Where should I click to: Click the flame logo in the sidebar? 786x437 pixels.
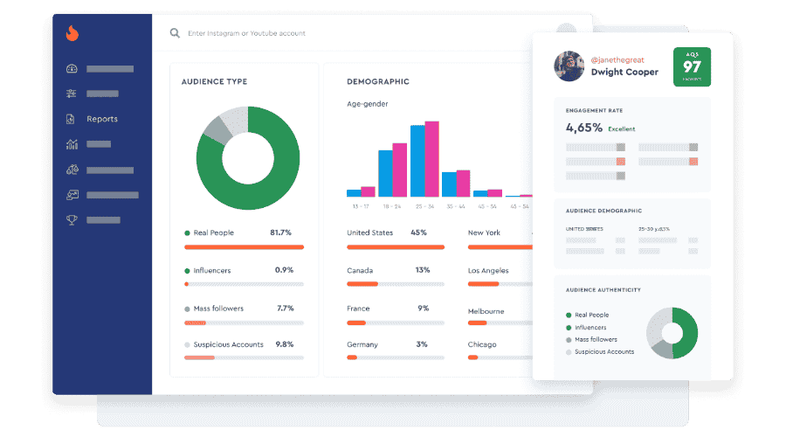pos(72,34)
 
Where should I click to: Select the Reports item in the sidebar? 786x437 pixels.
pos(101,119)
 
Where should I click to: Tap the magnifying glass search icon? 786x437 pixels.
pos(175,33)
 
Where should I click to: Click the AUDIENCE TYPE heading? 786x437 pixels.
pos(214,82)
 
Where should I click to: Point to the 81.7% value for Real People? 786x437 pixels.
pos(280,233)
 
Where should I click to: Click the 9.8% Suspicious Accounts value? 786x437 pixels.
pos(285,344)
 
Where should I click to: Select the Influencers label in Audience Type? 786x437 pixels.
pos(213,270)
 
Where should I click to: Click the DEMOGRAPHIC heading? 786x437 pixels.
pos(378,82)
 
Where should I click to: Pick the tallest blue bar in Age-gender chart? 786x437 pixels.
pos(417,161)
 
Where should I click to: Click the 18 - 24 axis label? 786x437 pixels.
pos(391,206)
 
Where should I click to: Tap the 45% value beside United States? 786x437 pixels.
pos(418,233)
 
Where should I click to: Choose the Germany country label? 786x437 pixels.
pos(362,344)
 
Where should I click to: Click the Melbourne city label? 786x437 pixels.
pos(486,311)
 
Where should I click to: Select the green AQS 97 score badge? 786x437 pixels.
pos(692,66)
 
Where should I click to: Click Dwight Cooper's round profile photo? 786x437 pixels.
pos(569,66)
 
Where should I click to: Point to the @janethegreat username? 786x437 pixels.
pos(617,58)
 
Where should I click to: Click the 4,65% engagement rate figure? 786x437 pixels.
pos(584,128)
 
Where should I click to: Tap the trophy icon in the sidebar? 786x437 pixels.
pos(72,219)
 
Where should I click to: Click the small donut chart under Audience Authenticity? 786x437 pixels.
pos(672,333)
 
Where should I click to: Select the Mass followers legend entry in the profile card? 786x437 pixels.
pos(596,339)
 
